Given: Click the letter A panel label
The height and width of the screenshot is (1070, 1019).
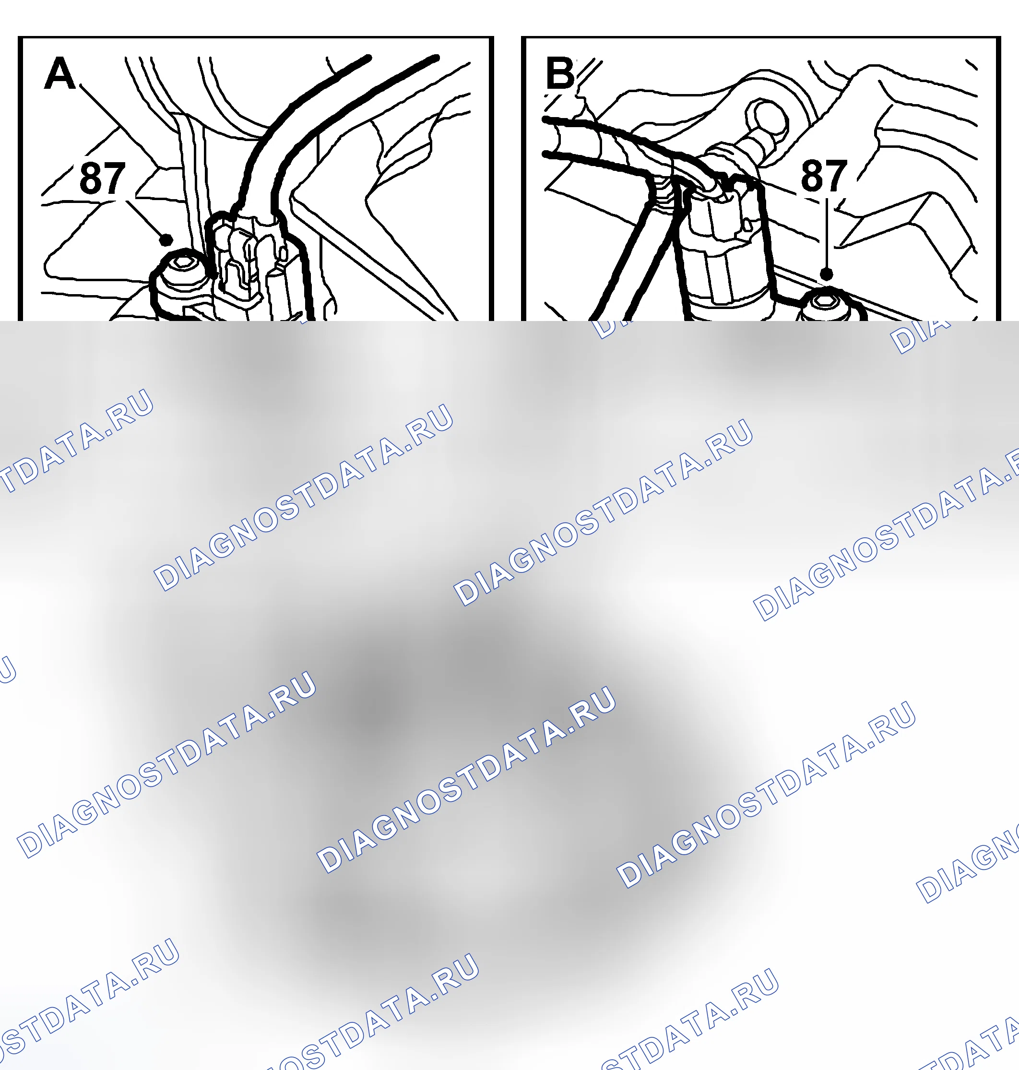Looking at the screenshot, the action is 60,73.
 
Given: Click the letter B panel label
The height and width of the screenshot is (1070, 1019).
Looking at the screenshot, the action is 560,73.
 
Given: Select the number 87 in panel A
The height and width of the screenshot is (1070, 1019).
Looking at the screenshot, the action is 103,178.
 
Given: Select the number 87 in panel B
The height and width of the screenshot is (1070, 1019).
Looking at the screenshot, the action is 824,176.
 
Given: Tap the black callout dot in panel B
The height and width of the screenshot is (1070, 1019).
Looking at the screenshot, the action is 827,274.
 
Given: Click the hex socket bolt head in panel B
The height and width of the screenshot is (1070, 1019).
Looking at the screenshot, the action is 826,304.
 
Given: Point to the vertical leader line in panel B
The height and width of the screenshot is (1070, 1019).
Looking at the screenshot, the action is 826,234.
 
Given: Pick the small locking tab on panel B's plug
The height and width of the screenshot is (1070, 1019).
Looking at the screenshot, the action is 747,225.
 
